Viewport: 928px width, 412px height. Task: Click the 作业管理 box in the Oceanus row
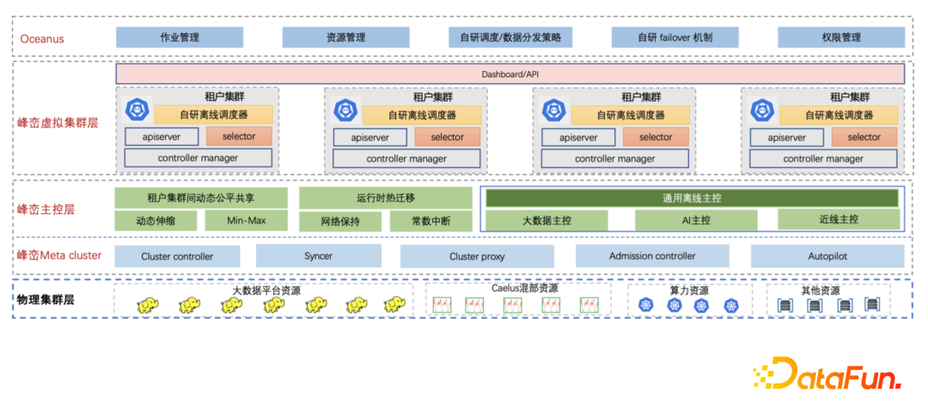click(x=180, y=38)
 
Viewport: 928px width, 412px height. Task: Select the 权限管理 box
click(x=840, y=38)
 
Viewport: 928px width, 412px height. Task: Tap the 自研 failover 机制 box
click(x=675, y=38)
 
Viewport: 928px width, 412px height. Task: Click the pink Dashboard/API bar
click(x=510, y=75)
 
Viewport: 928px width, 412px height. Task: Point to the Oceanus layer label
click(x=42, y=39)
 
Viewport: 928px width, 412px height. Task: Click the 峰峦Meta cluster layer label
click(x=59, y=255)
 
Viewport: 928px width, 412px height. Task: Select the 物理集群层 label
click(x=46, y=300)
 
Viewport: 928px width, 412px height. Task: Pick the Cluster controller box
click(x=177, y=256)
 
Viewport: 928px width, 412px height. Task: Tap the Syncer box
click(x=318, y=256)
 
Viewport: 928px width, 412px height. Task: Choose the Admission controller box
click(x=652, y=256)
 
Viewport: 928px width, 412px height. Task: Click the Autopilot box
click(x=827, y=256)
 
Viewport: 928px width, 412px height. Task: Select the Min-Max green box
click(x=246, y=221)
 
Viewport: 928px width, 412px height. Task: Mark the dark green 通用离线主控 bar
click(x=692, y=198)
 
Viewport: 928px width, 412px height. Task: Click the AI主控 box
click(x=695, y=221)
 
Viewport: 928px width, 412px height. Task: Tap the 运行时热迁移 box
click(x=385, y=198)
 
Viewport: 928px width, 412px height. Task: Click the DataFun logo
click(x=827, y=374)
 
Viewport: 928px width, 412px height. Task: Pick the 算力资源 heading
click(x=688, y=290)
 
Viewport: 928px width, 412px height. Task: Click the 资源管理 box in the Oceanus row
click(x=345, y=38)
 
